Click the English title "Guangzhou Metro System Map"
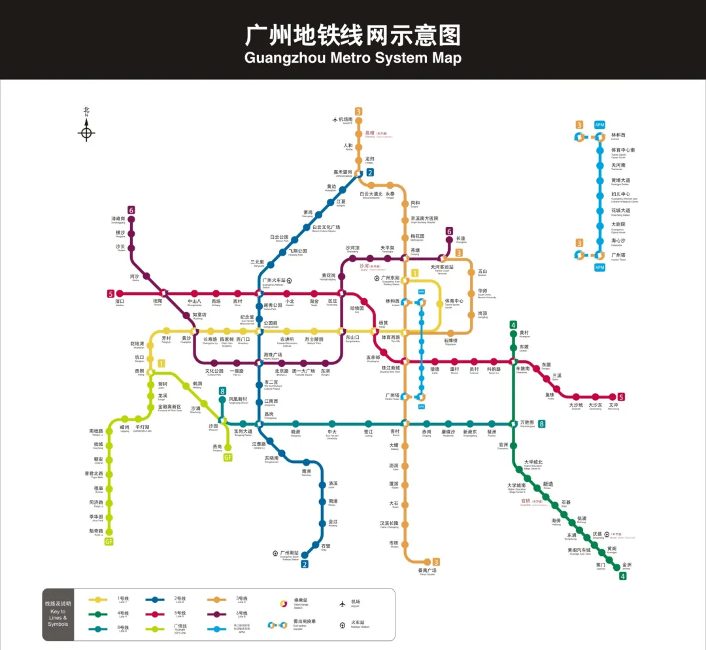point(353,58)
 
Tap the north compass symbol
point(86,133)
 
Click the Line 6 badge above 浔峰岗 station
point(131,210)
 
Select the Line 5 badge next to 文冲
point(621,397)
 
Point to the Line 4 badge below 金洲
point(623,576)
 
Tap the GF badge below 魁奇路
point(109,541)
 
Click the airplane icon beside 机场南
point(336,120)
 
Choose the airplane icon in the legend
point(341,602)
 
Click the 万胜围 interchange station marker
point(514,424)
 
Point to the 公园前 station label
point(271,323)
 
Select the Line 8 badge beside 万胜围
point(541,424)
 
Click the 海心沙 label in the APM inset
point(618,240)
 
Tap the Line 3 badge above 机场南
point(358,111)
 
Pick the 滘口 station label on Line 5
point(120,301)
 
